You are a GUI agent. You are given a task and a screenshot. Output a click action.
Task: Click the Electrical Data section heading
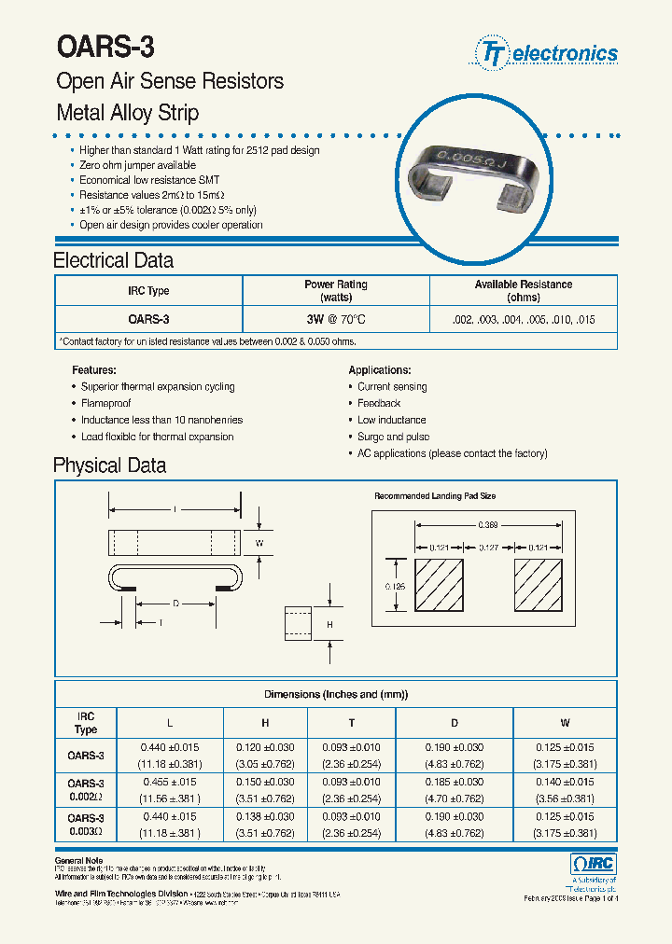pyautogui.click(x=113, y=260)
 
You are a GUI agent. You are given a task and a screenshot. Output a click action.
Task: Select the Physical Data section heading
pyautogui.click(x=109, y=465)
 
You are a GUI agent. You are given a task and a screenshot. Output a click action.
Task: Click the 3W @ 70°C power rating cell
pyautogui.click(x=335, y=319)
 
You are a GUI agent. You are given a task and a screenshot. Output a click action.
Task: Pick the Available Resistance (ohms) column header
pyautogui.click(x=523, y=290)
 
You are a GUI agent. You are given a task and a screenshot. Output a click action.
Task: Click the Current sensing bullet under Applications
pyautogui.click(x=392, y=386)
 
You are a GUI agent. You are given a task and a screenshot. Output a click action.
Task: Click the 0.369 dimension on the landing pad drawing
pyautogui.click(x=488, y=525)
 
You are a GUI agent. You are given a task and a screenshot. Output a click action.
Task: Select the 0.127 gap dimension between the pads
pyautogui.click(x=488, y=548)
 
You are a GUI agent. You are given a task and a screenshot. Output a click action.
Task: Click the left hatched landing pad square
pyautogui.click(x=439, y=586)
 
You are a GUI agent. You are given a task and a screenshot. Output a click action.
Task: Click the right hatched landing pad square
pyautogui.click(x=538, y=586)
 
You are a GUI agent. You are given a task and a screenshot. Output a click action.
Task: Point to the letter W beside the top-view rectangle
pyautogui.click(x=260, y=542)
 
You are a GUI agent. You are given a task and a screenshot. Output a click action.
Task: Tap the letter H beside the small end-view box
pyautogui.click(x=329, y=623)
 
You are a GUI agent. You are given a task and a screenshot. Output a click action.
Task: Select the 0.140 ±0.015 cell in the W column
pyautogui.click(x=565, y=782)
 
